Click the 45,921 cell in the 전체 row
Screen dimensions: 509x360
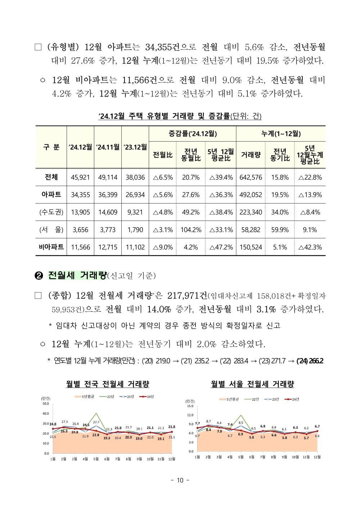coord(80,177)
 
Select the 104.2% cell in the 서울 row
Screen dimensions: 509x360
coord(191,230)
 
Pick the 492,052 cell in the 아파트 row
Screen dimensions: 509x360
coord(251,195)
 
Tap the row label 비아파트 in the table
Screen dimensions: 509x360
coord(51,247)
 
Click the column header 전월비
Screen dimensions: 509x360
coord(163,155)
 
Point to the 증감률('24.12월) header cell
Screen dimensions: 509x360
coord(193,134)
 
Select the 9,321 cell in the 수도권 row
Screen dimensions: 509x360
coord(135,212)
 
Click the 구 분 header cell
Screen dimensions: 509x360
coord(51,147)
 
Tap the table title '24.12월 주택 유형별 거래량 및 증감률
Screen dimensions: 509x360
coord(180,116)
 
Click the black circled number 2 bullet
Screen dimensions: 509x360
coord(39,276)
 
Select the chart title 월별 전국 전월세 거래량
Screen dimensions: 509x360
coord(107,384)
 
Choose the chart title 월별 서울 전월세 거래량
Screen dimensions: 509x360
coord(252,384)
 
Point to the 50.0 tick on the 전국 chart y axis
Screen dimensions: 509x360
coord(46,403)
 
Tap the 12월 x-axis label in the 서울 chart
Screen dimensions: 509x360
coord(317,457)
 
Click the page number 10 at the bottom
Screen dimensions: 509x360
coord(180,480)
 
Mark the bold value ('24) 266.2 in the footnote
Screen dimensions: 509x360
coord(310,361)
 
